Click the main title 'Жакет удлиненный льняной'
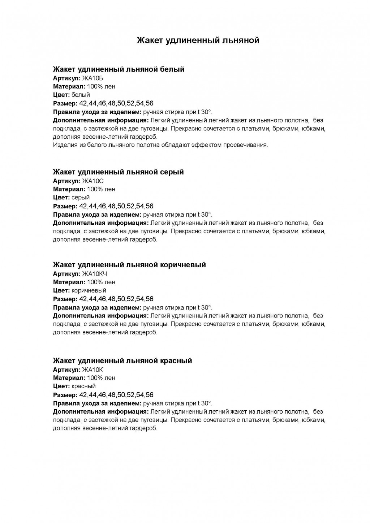[x=198, y=40]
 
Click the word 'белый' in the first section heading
[x=172, y=69]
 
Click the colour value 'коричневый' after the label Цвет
[x=89, y=290]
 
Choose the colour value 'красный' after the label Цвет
[x=84, y=386]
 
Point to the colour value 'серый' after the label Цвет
[x=81, y=197]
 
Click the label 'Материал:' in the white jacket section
[x=69, y=86]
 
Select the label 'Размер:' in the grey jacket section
[x=65, y=206]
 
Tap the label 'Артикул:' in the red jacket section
[x=67, y=369]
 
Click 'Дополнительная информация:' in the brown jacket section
[x=100, y=316]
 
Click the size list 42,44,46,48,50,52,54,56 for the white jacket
[x=116, y=104]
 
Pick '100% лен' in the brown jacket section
[x=101, y=282]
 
